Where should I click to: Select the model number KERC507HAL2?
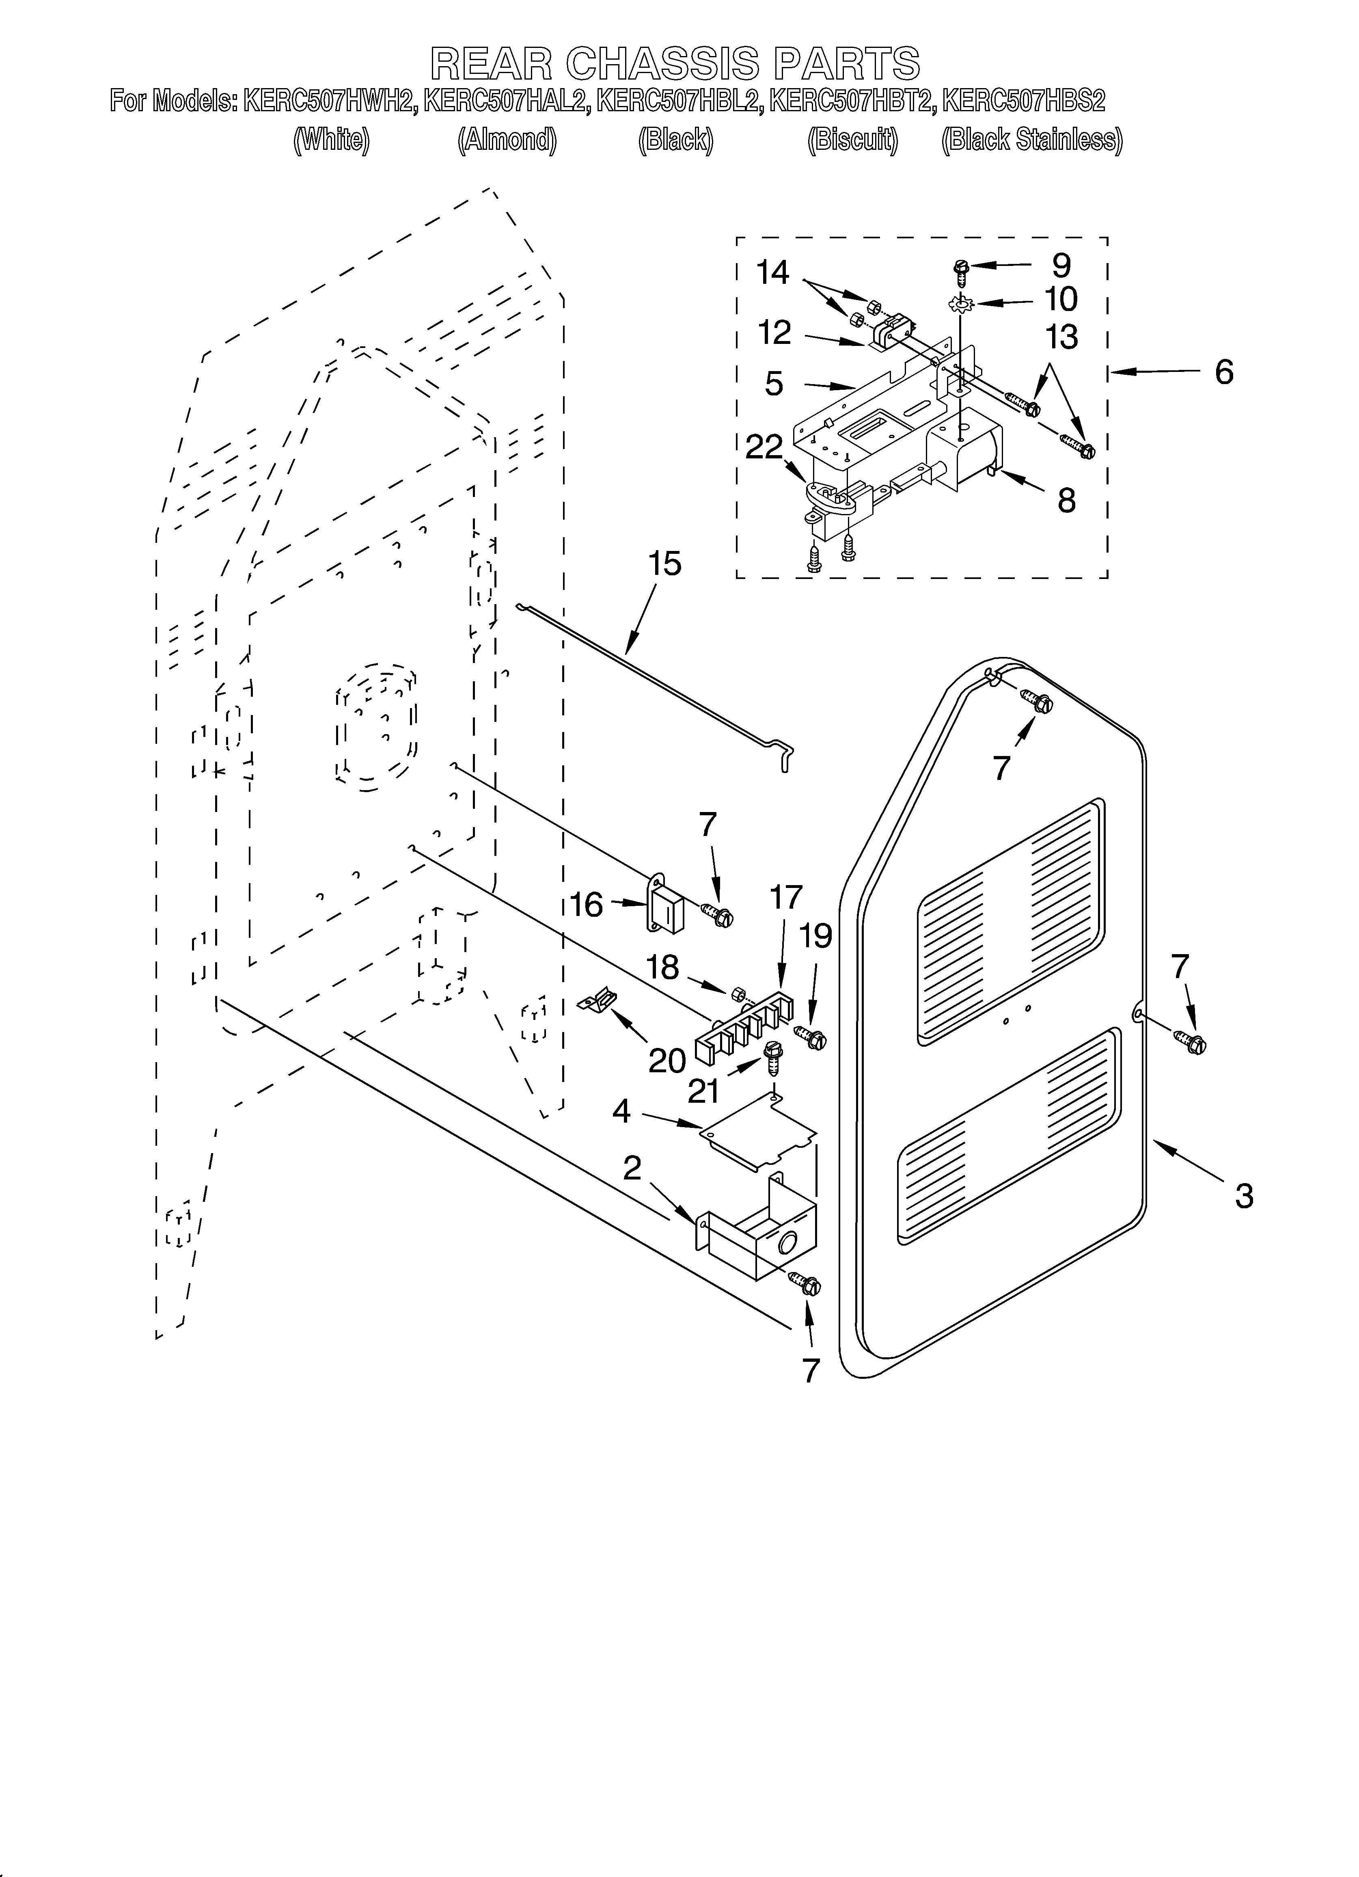[x=507, y=102]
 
